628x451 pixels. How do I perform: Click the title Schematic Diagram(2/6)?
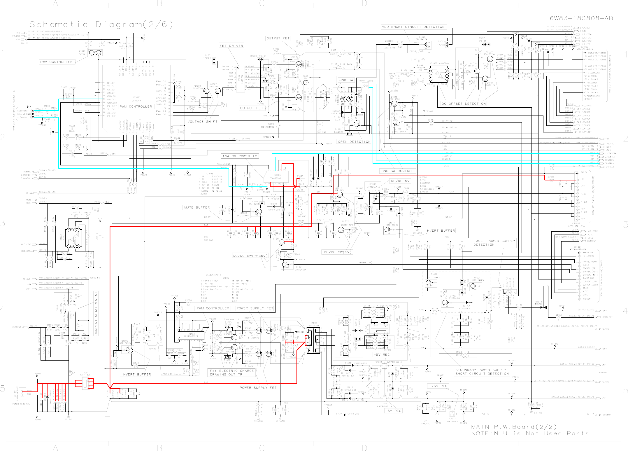tap(101, 25)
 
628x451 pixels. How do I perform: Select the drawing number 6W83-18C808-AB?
tap(581, 18)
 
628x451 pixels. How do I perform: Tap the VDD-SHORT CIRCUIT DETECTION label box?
tap(413, 27)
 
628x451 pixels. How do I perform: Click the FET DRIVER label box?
tap(231, 46)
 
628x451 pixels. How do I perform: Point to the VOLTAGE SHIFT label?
tap(203, 122)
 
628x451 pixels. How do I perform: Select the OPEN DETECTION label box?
tap(354, 142)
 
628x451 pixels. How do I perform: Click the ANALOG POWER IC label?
tap(239, 156)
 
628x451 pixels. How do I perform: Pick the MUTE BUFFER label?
tap(197, 207)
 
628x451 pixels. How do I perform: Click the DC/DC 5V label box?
tap(400, 181)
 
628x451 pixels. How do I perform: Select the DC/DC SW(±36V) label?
tap(250, 256)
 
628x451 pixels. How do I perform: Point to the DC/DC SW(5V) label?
tap(337, 252)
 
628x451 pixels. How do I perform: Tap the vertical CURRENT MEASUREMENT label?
tap(96, 313)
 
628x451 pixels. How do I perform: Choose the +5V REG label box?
tap(381, 355)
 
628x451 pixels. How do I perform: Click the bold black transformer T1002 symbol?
tap(313, 340)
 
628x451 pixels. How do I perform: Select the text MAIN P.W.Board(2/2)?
tap(514, 426)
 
